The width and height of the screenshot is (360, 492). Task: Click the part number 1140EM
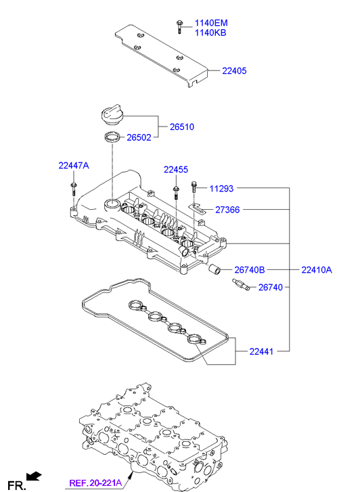(x=211, y=23)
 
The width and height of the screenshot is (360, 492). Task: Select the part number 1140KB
(x=210, y=32)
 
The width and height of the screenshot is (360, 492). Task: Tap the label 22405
(x=234, y=71)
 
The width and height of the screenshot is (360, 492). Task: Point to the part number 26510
(x=182, y=127)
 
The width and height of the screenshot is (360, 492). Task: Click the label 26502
(x=139, y=137)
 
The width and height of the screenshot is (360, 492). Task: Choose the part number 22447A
(x=74, y=165)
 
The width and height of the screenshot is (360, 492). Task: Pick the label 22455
(x=176, y=169)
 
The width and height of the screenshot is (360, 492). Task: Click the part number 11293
(x=221, y=189)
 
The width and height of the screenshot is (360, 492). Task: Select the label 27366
(x=227, y=210)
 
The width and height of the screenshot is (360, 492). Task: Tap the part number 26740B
(x=250, y=269)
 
